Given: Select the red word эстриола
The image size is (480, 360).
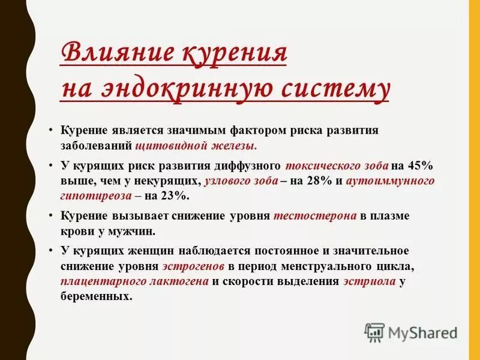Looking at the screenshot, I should pyautogui.click(x=370, y=281).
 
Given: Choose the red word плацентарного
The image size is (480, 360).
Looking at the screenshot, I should pyautogui.click(x=99, y=281).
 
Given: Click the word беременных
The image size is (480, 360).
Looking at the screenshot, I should pyautogui.click(x=95, y=297).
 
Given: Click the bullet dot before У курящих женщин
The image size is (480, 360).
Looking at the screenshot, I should pyautogui.click(x=52, y=250).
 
